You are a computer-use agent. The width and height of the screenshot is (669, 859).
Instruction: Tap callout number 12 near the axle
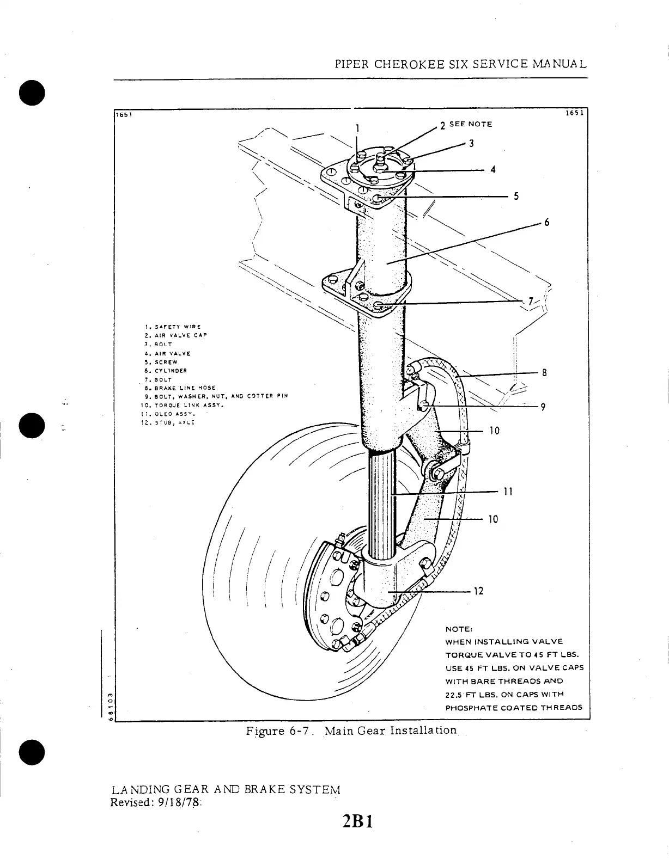478,591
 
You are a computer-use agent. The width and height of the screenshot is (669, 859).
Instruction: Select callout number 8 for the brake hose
544,373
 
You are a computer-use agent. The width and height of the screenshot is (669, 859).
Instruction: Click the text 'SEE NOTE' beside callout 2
471,124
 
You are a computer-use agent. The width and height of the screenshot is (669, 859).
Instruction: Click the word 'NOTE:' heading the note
458,630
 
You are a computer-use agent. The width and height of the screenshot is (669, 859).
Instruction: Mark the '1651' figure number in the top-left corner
121,114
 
